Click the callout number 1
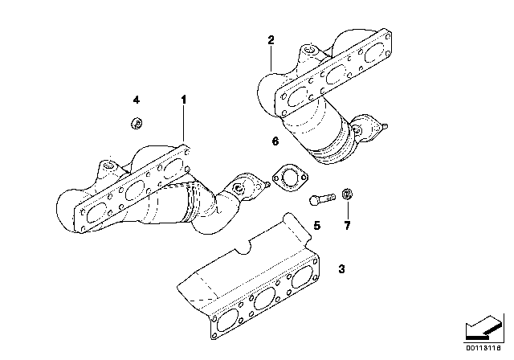tap(183, 100)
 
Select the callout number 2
tap(271, 40)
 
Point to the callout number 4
tap(137, 100)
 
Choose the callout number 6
tap(275, 141)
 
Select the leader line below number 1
tap(184, 125)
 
